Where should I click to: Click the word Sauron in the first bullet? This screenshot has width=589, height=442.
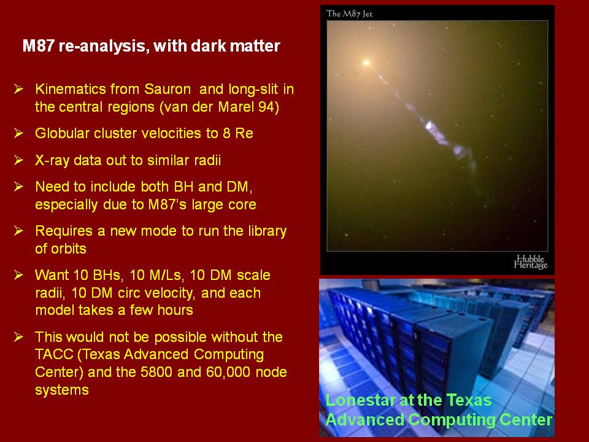[167, 89]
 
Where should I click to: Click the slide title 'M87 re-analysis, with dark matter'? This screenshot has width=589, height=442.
[152, 46]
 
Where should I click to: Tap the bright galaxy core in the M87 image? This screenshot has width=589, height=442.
[366, 63]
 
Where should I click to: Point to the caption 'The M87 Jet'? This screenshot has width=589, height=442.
[349, 14]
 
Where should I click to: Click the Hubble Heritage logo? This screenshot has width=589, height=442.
[531, 262]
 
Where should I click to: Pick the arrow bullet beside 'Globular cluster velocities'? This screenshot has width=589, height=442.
[19, 133]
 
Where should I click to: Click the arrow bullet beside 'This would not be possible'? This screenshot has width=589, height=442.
[19, 337]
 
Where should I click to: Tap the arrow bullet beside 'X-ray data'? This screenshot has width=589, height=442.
[19, 160]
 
